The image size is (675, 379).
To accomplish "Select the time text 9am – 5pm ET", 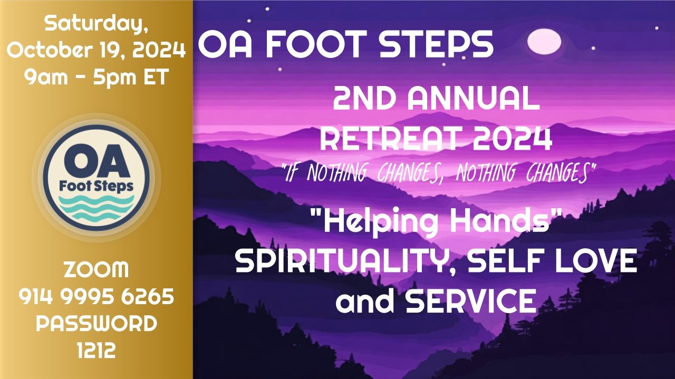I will tap(96, 77).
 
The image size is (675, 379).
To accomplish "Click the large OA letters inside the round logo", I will tap(96, 162).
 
